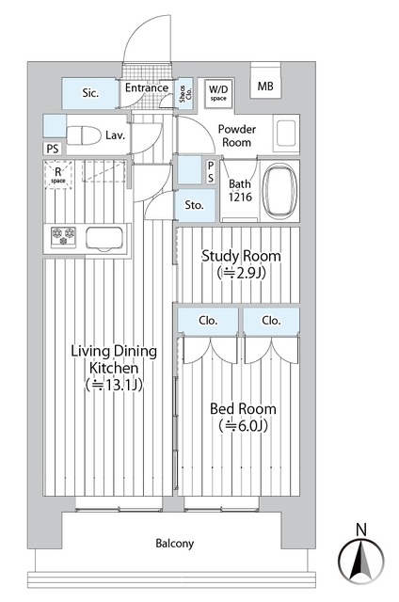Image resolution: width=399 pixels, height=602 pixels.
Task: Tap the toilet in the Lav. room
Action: (85, 134)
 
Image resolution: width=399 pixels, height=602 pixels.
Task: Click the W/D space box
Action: (218, 91)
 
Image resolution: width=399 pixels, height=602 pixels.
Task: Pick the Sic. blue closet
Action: (91, 92)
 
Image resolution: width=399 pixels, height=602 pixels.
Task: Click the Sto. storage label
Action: (194, 204)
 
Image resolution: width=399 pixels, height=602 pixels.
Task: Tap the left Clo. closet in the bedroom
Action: (208, 320)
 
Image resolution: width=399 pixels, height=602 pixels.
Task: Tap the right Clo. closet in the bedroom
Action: (272, 320)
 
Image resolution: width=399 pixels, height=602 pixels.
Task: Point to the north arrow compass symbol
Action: (360, 557)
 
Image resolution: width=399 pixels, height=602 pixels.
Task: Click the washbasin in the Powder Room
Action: (285, 134)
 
